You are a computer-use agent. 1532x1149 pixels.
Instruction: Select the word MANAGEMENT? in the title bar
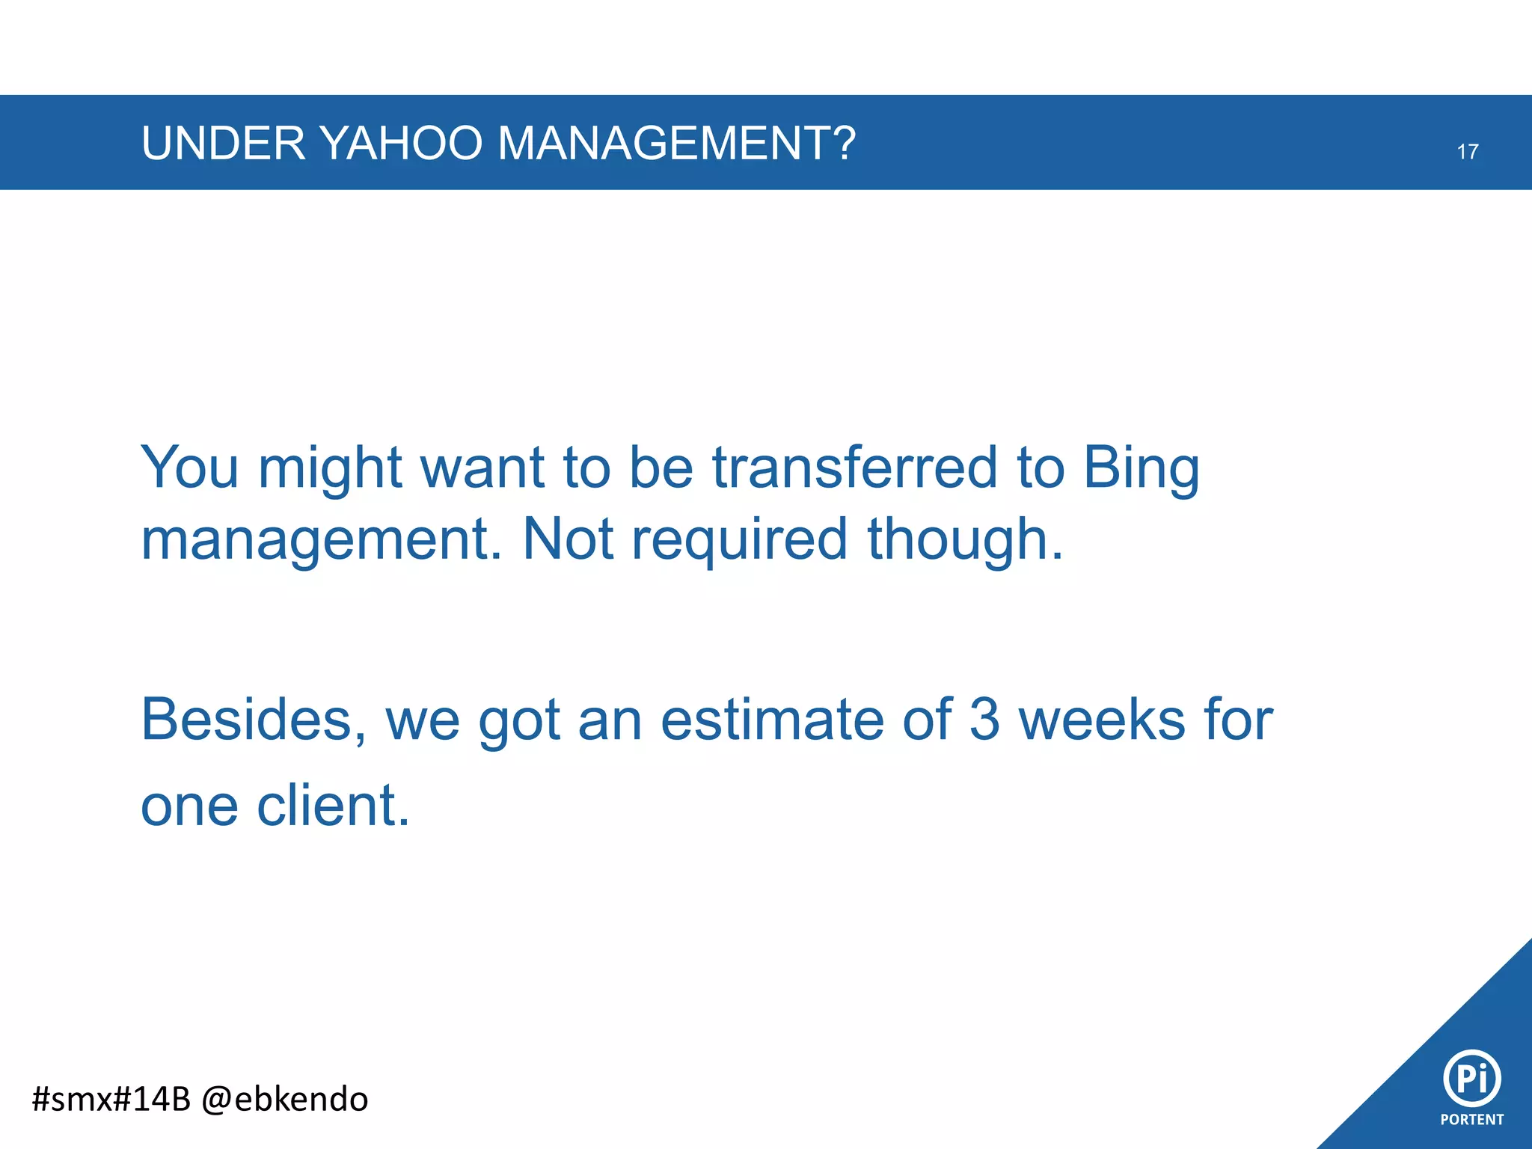pos(676,143)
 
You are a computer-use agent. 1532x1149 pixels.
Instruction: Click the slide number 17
pos(1467,152)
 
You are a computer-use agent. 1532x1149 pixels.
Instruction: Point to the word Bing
pos(1141,470)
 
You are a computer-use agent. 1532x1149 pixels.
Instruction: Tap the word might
pos(330,470)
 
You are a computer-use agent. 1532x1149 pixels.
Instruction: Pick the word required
pos(739,540)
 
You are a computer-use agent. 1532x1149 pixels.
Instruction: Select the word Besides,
pos(254,720)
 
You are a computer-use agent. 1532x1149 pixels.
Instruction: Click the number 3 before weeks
pos(984,720)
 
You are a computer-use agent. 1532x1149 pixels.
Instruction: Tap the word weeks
pos(1102,720)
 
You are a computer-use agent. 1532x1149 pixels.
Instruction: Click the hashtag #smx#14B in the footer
pos(111,1099)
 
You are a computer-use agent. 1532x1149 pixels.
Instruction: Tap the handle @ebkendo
pos(285,1100)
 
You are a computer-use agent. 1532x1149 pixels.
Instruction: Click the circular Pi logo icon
pos(1471,1078)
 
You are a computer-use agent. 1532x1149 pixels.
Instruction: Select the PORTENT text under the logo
pos(1471,1120)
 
